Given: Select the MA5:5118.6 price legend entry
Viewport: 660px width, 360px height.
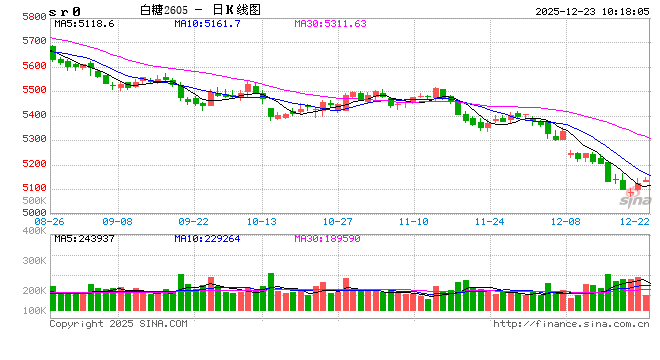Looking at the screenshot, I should pyautogui.click(x=84, y=22).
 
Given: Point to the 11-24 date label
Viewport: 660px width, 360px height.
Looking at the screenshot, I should pyautogui.click(x=489, y=221).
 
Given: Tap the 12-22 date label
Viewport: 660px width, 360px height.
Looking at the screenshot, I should pyautogui.click(x=635, y=221).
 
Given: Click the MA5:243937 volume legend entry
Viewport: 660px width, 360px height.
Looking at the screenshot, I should pyautogui.click(x=84, y=238).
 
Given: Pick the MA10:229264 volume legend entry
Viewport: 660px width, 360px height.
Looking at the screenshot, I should pyautogui.click(x=209, y=238).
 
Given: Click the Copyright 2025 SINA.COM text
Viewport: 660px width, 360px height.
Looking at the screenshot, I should pyautogui.click(x=118, y=324).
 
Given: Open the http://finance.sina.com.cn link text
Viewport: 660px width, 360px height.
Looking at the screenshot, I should pyautogui.click(x=572, y=324).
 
